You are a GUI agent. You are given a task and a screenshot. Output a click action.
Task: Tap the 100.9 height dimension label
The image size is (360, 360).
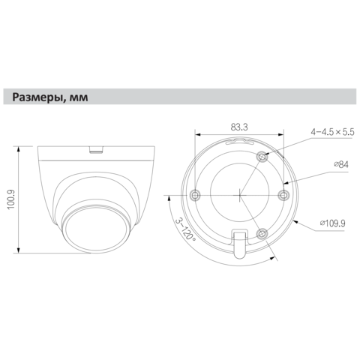tap(11, 199)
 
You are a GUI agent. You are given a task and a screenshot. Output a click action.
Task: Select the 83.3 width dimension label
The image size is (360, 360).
tap(239, 127)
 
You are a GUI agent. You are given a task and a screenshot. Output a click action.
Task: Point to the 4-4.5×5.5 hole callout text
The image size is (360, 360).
tap(332, 132)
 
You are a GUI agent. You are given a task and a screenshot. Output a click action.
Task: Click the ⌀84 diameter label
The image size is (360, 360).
tap(341, 164)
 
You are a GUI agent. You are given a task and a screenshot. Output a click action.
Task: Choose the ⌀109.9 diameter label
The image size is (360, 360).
tap(333, 223)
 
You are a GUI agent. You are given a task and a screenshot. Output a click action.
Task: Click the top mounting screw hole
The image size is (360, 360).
tap(262, 157)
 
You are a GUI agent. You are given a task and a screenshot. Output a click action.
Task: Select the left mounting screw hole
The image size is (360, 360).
tap(195, 195)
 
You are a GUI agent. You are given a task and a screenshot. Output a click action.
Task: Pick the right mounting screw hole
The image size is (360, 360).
tap(283, 195)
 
